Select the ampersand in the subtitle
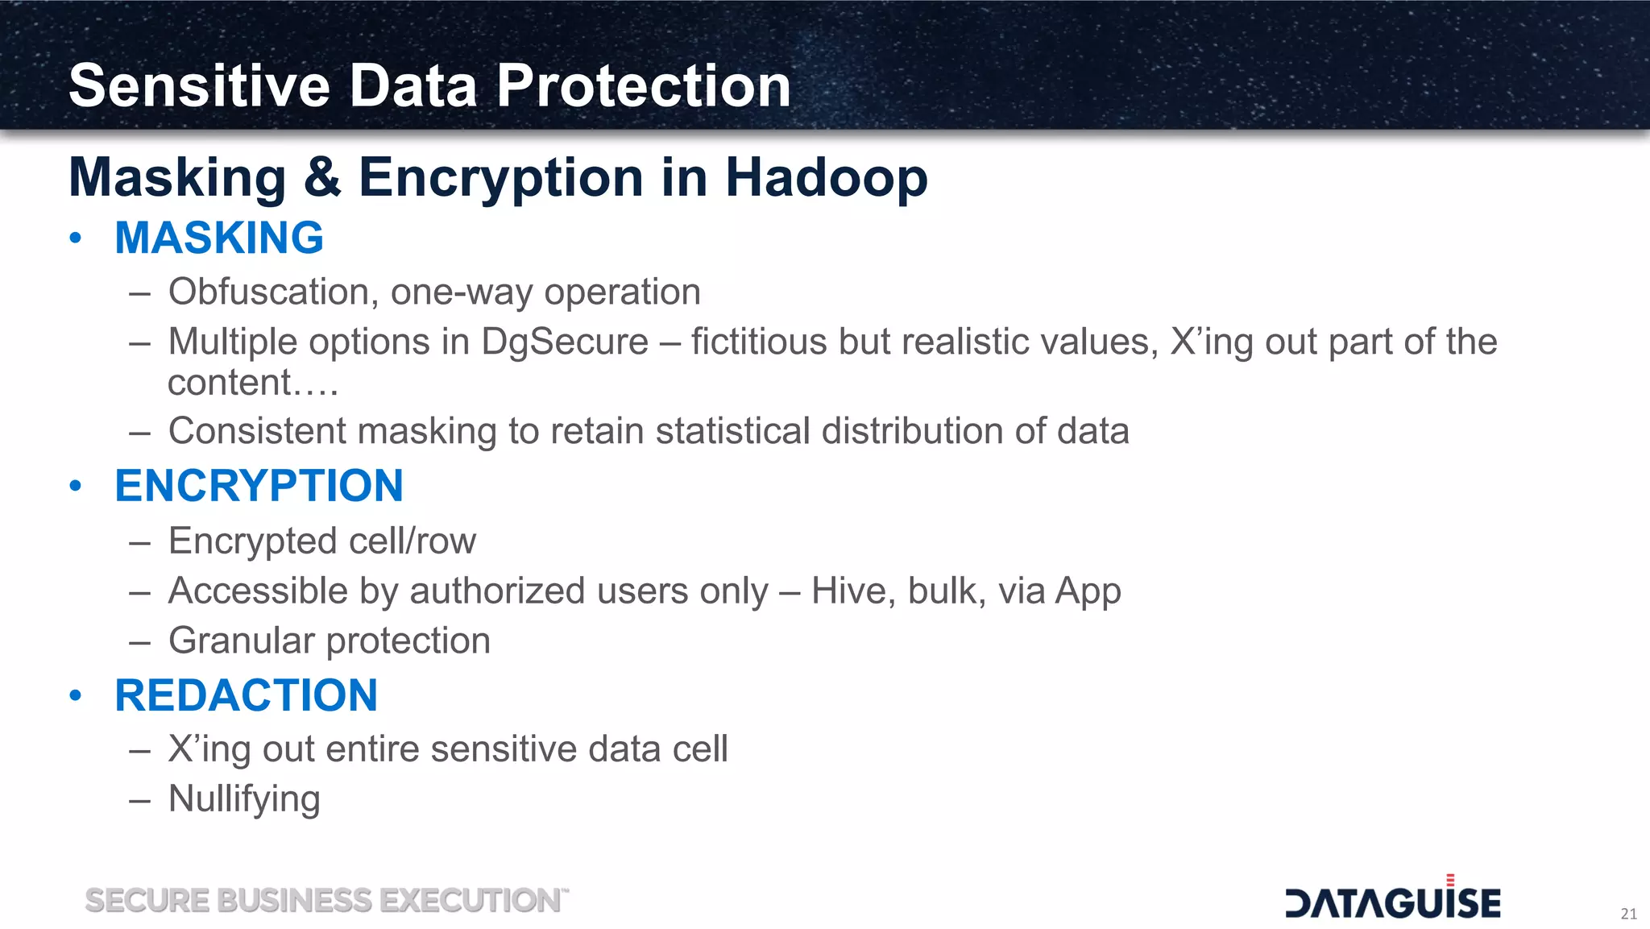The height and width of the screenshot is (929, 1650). [322, 177]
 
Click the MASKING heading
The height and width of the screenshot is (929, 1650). [219, 238]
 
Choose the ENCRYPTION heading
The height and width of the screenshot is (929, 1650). [259, 486]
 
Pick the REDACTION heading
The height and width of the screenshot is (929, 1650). [246, 695]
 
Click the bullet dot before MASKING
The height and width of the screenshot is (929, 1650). [76, 238]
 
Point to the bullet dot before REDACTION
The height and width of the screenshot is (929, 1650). [76, 695]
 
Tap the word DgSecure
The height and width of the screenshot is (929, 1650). [564, 342]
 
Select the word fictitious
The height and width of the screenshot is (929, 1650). [758, 342]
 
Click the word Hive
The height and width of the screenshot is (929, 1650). [852, 591]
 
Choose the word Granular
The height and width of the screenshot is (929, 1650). [241, 641]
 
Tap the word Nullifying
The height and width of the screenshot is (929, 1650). [244, 799]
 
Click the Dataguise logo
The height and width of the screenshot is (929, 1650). [1392, 900]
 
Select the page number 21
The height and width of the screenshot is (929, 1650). [1628, 914]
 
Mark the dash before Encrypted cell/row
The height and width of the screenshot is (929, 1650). [139, 542]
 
